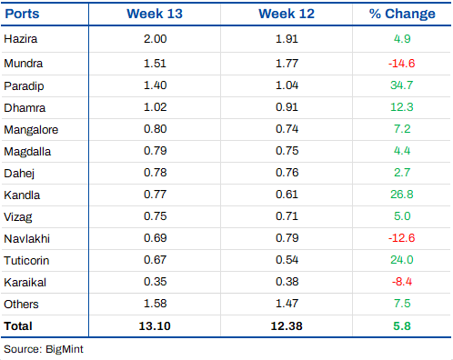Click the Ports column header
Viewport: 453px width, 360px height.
coord(22,14)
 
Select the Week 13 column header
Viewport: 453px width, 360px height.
coord(155,14)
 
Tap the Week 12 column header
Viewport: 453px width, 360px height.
coord(287,14)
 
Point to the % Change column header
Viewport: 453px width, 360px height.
coord(402,14)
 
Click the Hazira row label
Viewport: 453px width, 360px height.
coord(21,39)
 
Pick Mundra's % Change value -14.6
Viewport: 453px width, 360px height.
coord(402,64)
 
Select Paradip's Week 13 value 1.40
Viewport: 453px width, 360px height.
coord(155,85)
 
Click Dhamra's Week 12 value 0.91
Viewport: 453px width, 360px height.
coord(287,107)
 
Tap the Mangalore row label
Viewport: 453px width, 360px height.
coord(31,130)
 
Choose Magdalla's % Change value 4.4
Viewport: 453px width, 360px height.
coord(402,151)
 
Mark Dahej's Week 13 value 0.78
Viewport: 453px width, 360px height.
coord(155,173)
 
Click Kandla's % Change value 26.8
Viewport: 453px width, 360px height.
coord(402,195)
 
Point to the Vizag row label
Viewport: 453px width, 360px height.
coord(18,217)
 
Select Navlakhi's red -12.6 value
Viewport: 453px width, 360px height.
coord(402,238)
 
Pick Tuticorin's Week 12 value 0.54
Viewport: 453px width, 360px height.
coord(287,260)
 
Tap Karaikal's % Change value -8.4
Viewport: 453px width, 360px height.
coord(402,282)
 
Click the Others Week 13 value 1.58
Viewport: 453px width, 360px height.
coord(155,304)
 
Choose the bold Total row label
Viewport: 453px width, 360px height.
coord(18,326)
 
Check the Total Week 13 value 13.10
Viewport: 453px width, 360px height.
coord(155,326)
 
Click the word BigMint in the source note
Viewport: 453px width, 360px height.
coord(65,349)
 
